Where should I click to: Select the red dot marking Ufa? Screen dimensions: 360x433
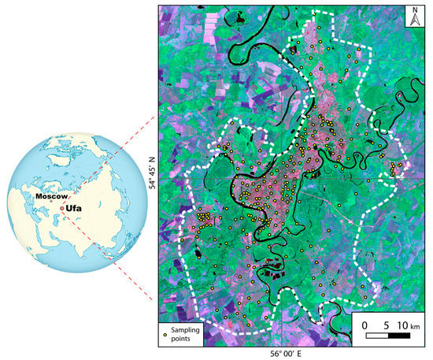(62, 208)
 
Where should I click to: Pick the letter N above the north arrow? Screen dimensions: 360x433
(416, 11)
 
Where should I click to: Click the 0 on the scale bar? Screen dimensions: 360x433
(365, 325)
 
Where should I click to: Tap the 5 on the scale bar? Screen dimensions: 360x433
(385, 325)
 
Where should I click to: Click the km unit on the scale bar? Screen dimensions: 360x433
(417, 325)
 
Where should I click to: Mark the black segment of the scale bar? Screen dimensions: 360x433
(398, 336)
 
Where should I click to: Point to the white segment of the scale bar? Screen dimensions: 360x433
(376, 336)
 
